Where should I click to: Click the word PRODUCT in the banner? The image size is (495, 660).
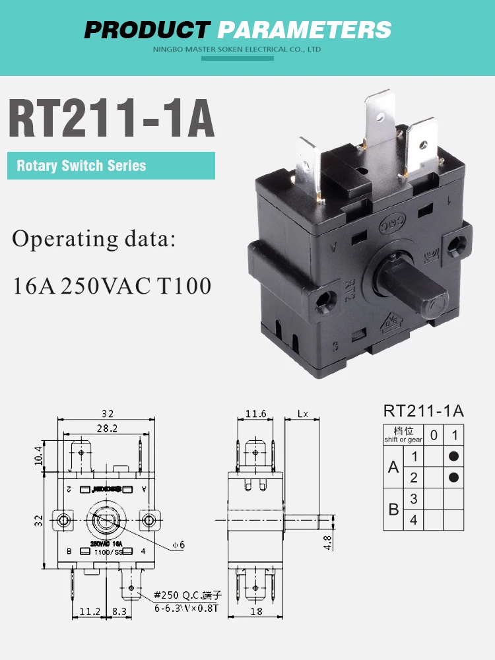[x=147, y=30]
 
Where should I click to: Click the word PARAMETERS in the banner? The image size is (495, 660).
[x=304, y=30]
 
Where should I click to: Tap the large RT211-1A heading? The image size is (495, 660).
[x=111, y=118]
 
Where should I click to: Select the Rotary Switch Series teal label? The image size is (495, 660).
[x=81, y=166]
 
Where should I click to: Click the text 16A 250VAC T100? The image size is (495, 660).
[x=112, y=286]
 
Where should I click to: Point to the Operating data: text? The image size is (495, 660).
[x=94, y=238]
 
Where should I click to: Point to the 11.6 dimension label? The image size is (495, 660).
[x=255, y=414]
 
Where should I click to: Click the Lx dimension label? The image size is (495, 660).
[x=303, y=414]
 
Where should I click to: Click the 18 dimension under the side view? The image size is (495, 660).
[x=256, y=611]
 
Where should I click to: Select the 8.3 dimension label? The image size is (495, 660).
[x=119, y=611]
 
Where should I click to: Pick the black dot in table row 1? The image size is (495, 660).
[x=453, y=456]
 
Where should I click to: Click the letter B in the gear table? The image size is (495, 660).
[x=393, y=509]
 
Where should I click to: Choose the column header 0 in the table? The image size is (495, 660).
[x=433, y=434]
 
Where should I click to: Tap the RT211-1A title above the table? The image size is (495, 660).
[x=423, y=411]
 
